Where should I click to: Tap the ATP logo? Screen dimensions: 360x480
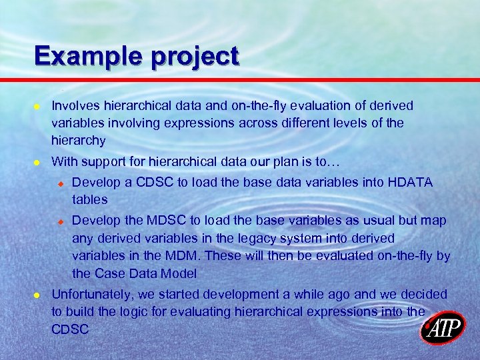click(443, 328)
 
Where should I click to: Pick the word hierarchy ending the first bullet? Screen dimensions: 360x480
click(78, 141)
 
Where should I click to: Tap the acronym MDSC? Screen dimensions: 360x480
click(157, 221)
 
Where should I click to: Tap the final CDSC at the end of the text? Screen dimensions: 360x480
click(70, 329)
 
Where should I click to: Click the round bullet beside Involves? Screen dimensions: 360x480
click(37, 107)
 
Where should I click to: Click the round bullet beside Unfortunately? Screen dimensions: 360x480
click(37, 295)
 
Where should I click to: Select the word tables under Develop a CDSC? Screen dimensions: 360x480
click(89, 200)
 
